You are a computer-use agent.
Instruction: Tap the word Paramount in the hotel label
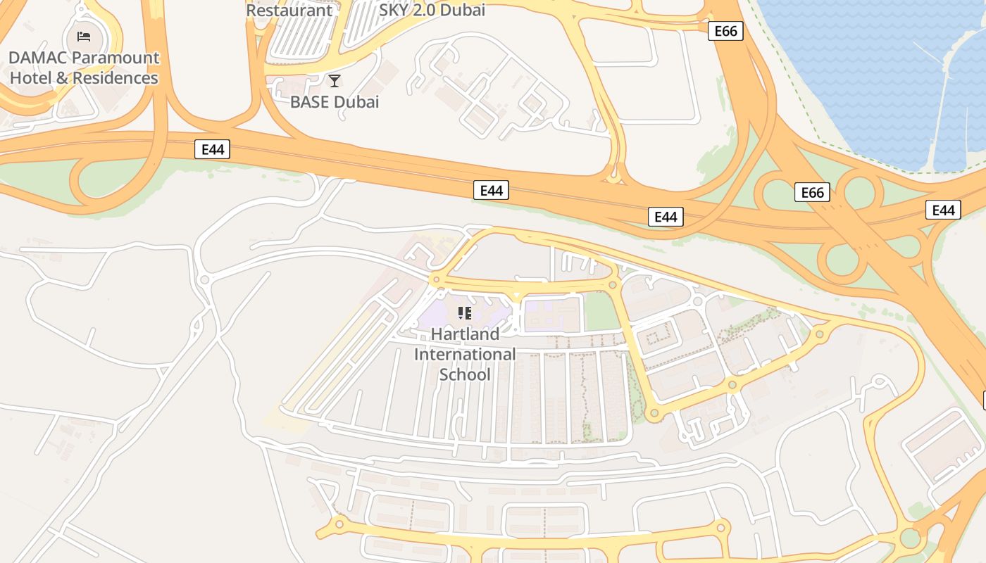point(116,58)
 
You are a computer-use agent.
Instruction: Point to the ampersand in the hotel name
point(62,78)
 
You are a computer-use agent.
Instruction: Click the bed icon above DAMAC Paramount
point(84,36)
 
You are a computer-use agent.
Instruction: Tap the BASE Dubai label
point(335,102)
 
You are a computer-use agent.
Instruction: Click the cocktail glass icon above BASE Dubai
point(335,81)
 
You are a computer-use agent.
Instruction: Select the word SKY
point(396,11)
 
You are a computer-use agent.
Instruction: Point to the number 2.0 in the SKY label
point(428,11)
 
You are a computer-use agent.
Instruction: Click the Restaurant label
point(289,11)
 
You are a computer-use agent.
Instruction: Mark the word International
point(465,354)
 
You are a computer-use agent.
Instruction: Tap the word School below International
point(465,374)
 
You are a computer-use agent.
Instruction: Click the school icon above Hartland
point(464,312)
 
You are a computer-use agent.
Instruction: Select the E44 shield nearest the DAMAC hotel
point(212,149)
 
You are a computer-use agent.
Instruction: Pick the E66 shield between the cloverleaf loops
point(812,192)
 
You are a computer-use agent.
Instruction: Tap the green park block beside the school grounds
point(602,312)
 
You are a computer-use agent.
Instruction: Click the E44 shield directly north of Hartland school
point(491,190)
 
